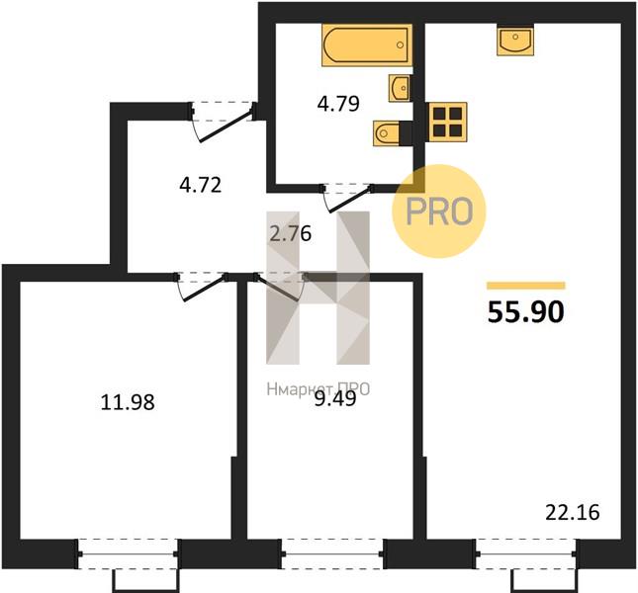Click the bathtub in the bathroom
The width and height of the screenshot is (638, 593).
coord(367,44)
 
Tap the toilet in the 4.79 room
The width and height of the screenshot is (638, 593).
coord(388,132)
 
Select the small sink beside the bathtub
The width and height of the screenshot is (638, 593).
coord(400,88)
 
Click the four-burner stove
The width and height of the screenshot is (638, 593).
coord(447,122)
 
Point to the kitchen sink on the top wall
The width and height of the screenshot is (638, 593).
coord(515,42)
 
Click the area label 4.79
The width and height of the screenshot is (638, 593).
coord(338,104)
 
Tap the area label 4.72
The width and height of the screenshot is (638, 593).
coord(200,185)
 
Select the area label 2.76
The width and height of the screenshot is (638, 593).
coord(291,234)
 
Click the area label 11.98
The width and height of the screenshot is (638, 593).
coord(128,403)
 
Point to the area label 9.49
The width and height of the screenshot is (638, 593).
coord(335,399)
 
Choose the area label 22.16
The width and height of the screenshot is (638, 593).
coord(572,513)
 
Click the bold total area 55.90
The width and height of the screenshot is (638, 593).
coord(525,312)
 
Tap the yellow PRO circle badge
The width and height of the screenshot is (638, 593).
coord(439,211)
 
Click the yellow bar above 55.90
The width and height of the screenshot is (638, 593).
coord(525,286)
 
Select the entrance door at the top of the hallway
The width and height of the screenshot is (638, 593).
coord(222,122)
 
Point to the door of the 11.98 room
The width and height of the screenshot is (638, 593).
coord(202,287)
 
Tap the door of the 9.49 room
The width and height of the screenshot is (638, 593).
coord(281,287)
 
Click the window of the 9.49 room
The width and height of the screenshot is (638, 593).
coord(332,553)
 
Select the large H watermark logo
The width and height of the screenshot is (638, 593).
coord(318,288)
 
